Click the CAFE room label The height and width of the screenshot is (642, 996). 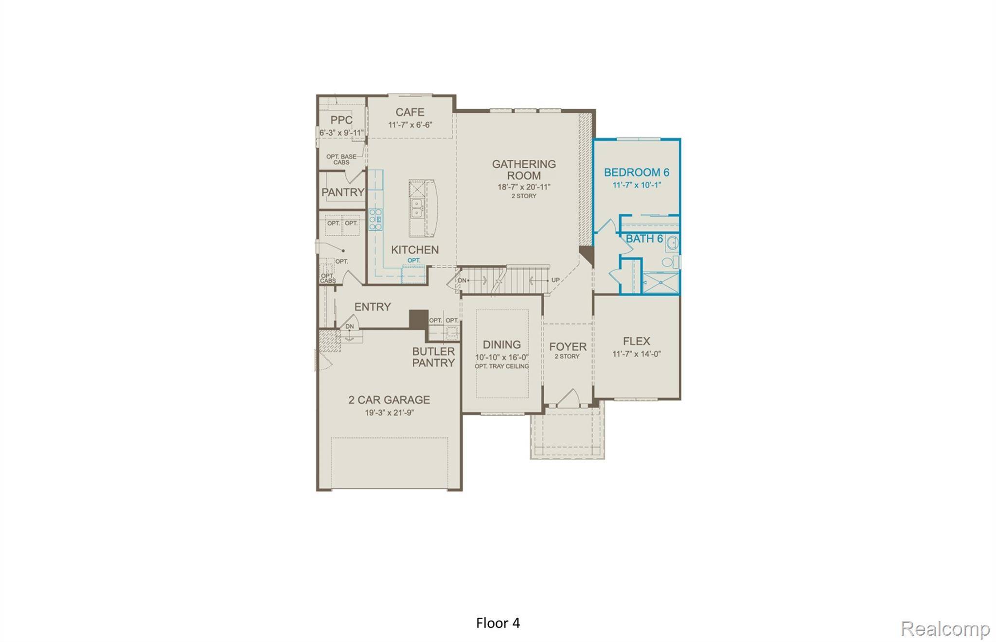click(x=409, y=112)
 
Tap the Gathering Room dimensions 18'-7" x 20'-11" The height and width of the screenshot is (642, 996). click(x=524, y=187)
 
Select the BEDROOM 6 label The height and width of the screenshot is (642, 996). click(x=636, y=173)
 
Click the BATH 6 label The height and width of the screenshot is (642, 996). click(x=644, y=239)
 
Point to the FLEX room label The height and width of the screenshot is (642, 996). click(x=636, y=341)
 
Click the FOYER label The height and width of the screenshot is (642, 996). click(x=568, y=347)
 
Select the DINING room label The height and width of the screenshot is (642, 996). click(x=501, y=345)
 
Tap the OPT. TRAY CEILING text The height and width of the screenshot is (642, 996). click(x=501, y=366)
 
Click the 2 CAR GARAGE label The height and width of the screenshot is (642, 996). click(x=389, y=400)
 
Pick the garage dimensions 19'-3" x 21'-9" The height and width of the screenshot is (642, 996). click(x=389, y=413)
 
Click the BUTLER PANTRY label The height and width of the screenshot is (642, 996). click(x=433, y=357)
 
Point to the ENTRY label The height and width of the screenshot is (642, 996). click(x=373, y=307)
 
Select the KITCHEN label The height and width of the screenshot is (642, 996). click(x=415, y=250)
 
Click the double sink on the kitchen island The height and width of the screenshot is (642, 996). click(x=417, y=209)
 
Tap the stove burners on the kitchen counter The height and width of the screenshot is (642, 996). click(x=375, y=219)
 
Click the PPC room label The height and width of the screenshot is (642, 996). click(x=341, y=121)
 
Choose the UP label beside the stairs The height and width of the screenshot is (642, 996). click(x=555, y=280)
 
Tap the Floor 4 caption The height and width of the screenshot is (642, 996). click(x=498, y=623)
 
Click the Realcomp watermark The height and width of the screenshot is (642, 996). click(x=944, y=628)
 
